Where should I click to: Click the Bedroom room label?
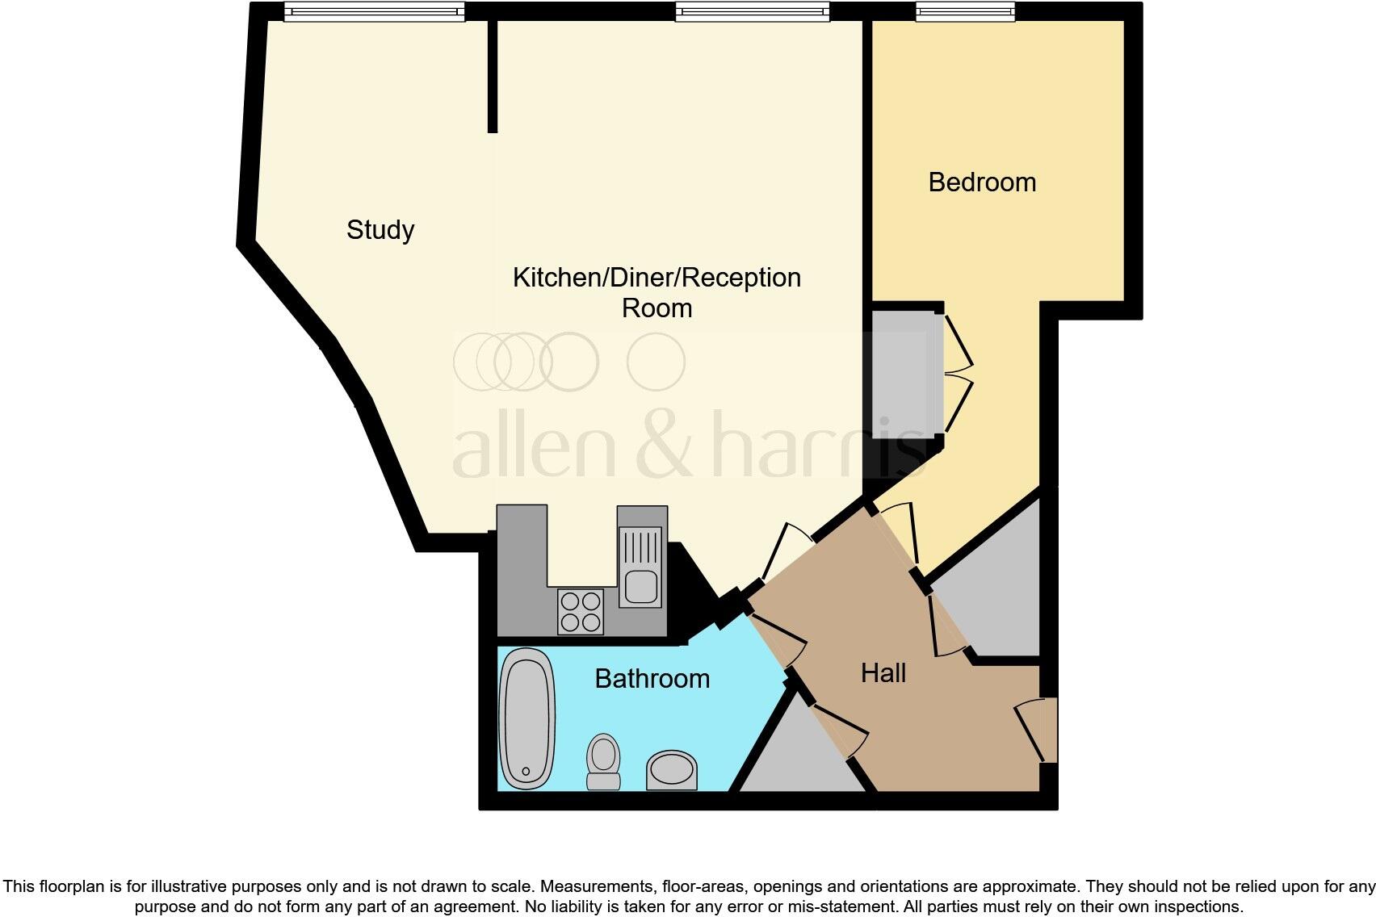coord(982,182)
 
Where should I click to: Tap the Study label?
coord(380,230)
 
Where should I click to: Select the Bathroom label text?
coord(652,679)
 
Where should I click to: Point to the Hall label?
coord(883,673)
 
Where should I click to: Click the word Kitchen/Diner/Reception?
coord(657,278)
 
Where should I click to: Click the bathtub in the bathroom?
coord(527,719)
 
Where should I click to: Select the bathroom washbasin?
coord(671,770)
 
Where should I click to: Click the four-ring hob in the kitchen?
coord(581,612)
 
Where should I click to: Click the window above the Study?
coord(375,11)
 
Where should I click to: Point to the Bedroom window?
coord(965,11)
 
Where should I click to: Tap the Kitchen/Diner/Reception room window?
coord(752,11)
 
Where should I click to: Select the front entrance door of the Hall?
coord(1041,731)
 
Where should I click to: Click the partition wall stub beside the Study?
coord(493,76)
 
